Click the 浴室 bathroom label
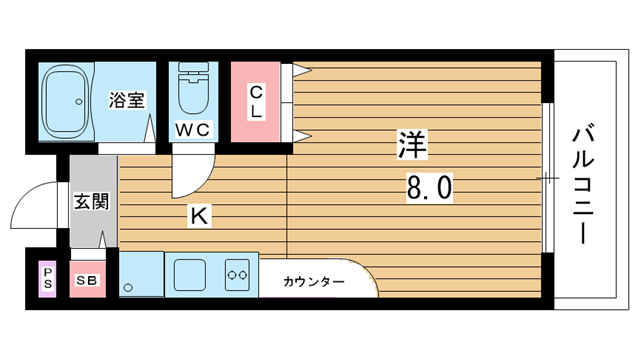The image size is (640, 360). (x=127, y=100)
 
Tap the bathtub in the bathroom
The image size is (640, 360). (x=66, y=102)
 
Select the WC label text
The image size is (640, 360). (x=193, y=130)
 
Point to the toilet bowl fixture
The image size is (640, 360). (x=193, y=89)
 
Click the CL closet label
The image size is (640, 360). (x=256, y=102)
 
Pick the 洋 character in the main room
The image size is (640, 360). (x=412, y=144)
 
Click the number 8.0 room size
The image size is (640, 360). (x=429, y=188)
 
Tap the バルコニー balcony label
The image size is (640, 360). (x=583, y=183)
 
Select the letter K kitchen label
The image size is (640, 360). (x=199, y=216)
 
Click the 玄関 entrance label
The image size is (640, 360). (x=91, y=202)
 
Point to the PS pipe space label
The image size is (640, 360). (x=48, y=278)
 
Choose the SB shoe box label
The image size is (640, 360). (x=87, y=280)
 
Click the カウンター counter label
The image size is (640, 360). (x=313, y=282)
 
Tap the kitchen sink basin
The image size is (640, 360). (x=189, y=275)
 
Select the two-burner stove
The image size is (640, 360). (x=237, y=275)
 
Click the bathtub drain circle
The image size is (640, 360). (x=79, y=101)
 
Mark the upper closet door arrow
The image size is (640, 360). (x=302, y=71)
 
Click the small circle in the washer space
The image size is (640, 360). (x=128, y=288)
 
